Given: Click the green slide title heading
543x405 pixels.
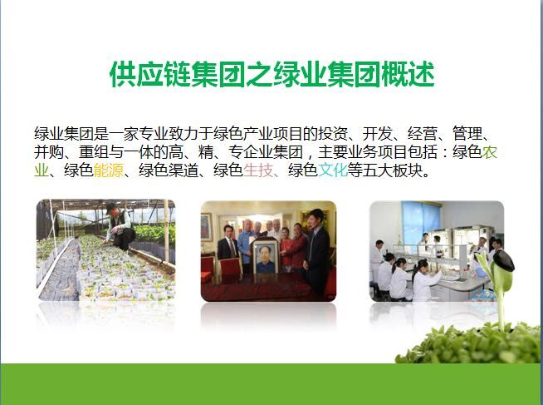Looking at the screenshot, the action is click(x=271, y=74).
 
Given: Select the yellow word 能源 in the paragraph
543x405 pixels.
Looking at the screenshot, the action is click(x=109, y=170).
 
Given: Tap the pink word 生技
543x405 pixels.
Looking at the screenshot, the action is click(x=258, y=170).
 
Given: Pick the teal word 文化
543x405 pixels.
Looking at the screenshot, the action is click(x=333, y=170).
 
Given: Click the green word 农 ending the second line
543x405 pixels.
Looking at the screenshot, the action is click(x=490, y=152).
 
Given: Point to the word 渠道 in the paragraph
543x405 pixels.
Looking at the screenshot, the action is click(x=183, y=170).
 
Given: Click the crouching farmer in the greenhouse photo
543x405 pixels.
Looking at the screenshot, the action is click(x=120, y=227).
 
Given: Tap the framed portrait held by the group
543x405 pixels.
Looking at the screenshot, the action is click(x=265, y=257).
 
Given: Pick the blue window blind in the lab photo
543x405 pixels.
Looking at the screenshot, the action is click(x=421, y=220).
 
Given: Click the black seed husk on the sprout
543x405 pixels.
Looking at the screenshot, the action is click(x=503, y=260).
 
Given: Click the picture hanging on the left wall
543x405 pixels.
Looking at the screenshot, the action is click(x=206, y=227).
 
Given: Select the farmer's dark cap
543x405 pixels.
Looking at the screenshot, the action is click(x=111, y=206).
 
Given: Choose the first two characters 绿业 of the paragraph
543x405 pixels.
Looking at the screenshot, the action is click(x=49, y=134).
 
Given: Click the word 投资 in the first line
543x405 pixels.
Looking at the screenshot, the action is click(x=333, y=134).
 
